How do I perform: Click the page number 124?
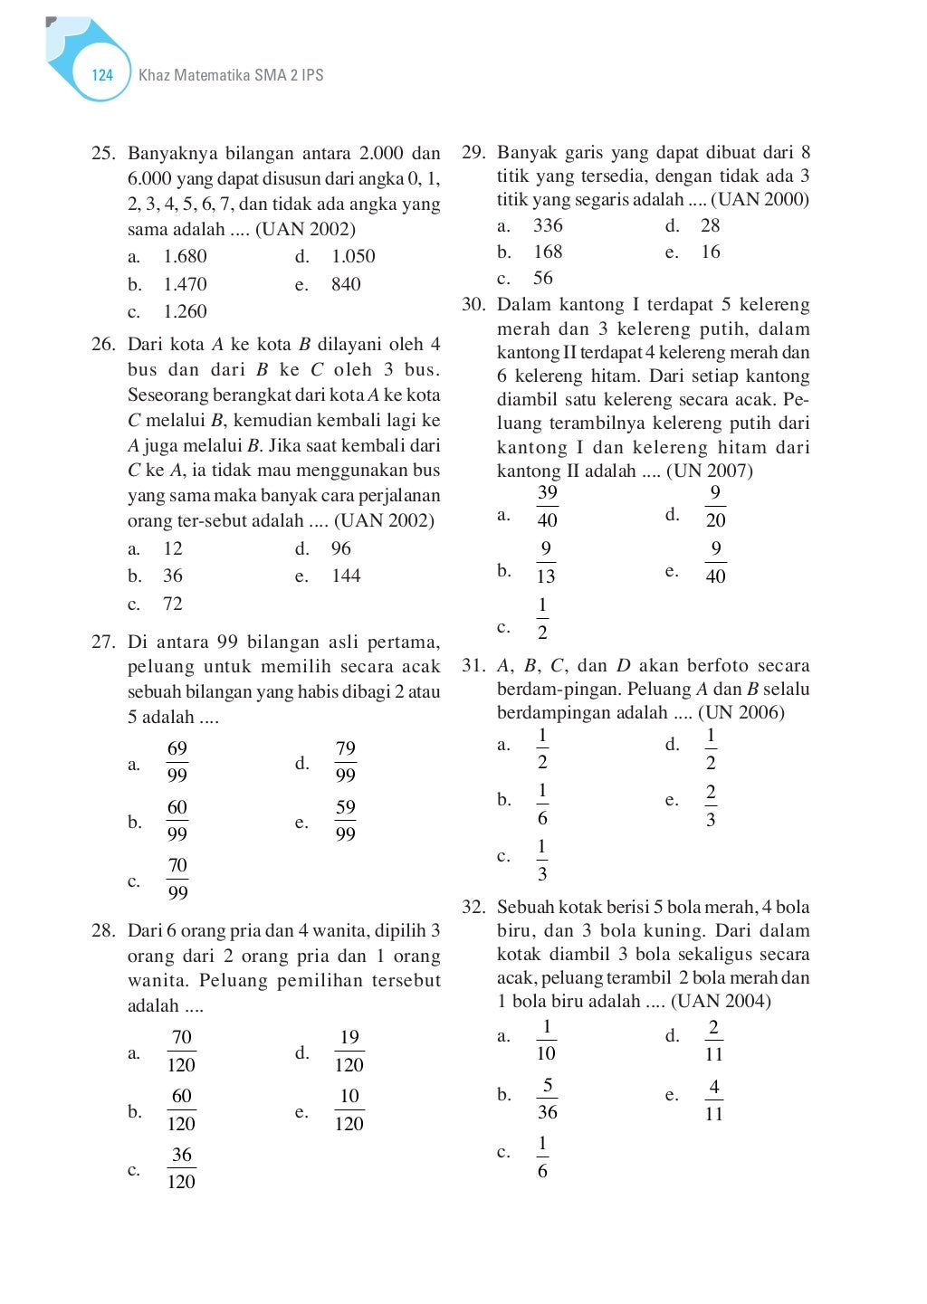[x=102, y=75]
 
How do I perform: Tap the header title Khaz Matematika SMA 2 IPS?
[x=231, y=75]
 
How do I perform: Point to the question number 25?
[x=103, y=153]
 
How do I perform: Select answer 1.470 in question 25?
[x=185, y=284]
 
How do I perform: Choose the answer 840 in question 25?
[x=346, y=284]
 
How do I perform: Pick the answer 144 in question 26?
[x=346, y=576]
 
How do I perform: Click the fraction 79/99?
[x=345, y=762]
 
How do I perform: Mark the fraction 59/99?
[x=345, y=821]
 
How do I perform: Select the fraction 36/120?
[x=181, y=1168]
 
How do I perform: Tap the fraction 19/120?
[x=349, y=1052]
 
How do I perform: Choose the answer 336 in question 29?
[x=548, y=225]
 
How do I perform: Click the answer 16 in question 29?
[x=711, y=252]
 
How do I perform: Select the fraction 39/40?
[x=547, y=506]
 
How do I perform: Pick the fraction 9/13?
[x=546, y=562]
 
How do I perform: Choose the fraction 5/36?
[x=547, y=1099]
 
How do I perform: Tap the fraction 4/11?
[x=713, y=1100]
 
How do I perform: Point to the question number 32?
[x=473, y=907]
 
